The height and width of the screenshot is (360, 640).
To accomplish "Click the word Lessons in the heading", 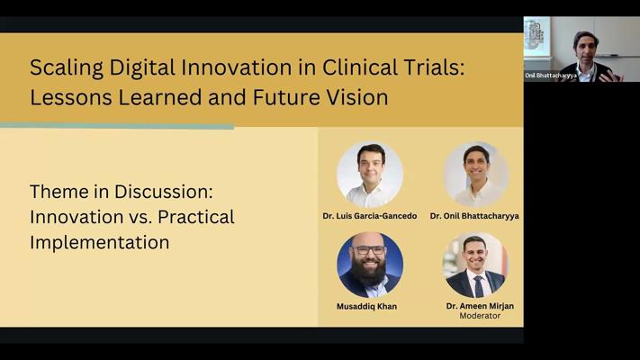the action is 70,97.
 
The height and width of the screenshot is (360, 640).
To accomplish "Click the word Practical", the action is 196,217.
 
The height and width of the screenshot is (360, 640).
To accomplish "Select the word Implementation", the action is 100,242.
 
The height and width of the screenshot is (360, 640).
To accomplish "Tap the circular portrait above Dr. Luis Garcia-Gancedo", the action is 370,175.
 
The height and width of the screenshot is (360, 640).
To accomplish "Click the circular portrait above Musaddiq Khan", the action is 370,265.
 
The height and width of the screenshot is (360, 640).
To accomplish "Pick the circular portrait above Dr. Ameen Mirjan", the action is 475,265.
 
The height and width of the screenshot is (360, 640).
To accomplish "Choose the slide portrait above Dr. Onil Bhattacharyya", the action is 475,175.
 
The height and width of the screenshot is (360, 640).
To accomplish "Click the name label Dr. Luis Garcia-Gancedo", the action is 370,216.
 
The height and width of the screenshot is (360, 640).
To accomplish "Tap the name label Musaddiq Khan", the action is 366,306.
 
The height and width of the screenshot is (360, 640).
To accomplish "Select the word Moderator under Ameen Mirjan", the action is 480,316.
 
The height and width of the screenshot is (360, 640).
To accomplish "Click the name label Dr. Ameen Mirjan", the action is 480,306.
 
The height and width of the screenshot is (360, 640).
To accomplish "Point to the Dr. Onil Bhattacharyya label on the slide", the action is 474,216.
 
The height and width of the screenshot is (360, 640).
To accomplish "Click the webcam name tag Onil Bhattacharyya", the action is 551,76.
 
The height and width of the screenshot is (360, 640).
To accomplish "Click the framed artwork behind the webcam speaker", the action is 536,36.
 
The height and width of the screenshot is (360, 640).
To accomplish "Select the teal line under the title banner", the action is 117,126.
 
